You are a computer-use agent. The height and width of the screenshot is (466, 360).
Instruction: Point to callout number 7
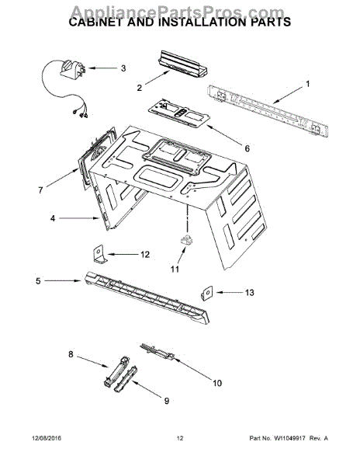point(41,189)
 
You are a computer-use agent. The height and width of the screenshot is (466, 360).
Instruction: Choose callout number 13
point(248,293)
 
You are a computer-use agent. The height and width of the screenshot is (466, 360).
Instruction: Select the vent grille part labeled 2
point(180,62)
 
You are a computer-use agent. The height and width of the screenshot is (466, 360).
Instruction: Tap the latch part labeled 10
point(158,353)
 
